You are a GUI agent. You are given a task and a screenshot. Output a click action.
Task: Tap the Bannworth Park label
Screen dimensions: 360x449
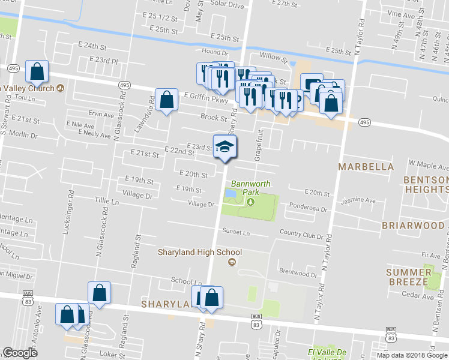click(251, 188)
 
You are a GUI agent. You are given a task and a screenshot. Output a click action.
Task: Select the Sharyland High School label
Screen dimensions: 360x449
click(199, 253)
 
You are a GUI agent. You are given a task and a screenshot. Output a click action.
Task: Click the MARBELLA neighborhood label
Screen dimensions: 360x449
click(366, 166)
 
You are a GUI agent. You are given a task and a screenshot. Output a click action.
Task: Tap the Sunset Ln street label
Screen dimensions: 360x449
click(235, 231)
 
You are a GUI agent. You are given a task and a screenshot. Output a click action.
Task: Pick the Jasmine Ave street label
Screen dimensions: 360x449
click(358, 200)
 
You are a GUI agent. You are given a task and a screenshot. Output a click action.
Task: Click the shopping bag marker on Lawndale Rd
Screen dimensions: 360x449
click(166, 100)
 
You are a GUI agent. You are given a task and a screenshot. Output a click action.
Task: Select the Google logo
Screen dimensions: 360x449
click(20, 353)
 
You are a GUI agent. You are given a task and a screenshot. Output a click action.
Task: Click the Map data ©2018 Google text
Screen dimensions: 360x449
click(412, 355)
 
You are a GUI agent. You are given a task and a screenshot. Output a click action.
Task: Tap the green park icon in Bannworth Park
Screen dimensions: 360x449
click(251, 201)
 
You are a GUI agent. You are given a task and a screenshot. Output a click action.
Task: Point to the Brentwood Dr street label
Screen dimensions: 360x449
click(298, 273)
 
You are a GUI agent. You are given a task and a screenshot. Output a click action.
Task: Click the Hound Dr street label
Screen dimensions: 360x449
click(215, 52)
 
